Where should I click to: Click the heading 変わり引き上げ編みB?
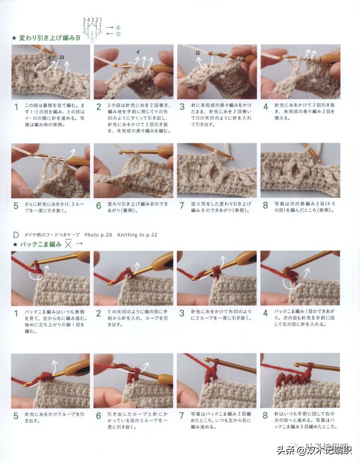[x=49, y=37]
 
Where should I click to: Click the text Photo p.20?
[x=98, y=235]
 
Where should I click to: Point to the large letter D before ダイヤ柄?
[x=16, y=235]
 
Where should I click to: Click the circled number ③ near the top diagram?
[x=118, y=27]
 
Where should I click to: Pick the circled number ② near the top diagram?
[x=118, y=34]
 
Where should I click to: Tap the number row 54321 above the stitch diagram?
[x=93, y=20]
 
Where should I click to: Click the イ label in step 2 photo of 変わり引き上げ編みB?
[x=138, y=51]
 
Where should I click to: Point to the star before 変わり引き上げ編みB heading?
[x=14, y=37]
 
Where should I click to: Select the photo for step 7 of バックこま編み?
[x=216, y=380]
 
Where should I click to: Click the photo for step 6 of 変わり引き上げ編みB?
[x=133, y=170]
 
